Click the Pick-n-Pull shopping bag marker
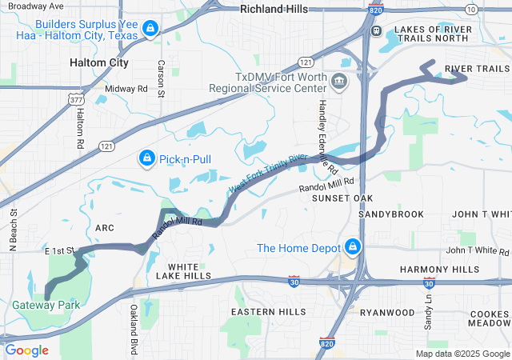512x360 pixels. (146, 159)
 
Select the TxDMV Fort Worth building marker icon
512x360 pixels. (339, 81)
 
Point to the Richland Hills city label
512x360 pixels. (274, 10)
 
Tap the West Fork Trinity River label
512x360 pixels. (268, 172)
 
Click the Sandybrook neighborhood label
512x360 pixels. (391, 214)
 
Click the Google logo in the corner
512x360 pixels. (27, 350)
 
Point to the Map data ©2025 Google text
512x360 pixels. (462, 354)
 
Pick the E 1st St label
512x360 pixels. (59, 250)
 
